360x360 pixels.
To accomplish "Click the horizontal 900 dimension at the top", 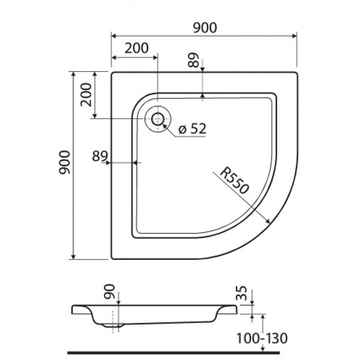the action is [205, 28].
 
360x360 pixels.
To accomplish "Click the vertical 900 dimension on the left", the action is [64, 162].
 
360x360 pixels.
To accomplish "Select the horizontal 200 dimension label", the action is [137, 48].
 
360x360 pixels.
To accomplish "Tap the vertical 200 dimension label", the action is [86, 94].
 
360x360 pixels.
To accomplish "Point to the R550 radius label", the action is [234, 181].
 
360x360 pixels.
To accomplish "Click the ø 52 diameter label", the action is [193, 129].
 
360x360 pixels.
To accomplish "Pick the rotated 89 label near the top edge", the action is [193, 60].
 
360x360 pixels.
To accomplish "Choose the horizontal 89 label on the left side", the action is [100, 156].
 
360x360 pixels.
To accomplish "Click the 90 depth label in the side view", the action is [109, 291].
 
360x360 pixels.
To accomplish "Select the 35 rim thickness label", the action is [242, 293].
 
